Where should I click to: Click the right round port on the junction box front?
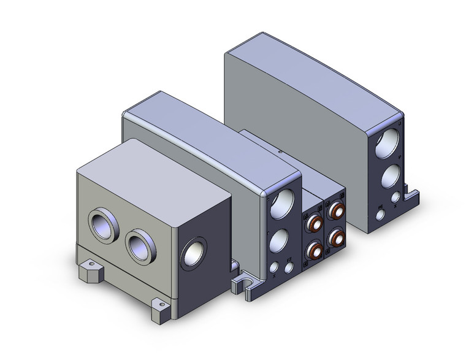[x=139, y=245]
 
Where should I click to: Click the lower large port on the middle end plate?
[x=279, y=240]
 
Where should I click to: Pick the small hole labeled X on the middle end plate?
[x=273, y=267]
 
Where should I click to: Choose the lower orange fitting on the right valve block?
[x=336, y=237]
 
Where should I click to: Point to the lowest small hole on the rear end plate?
[x=381, y=215]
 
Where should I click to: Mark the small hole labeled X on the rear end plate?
[x=396, y=197]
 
